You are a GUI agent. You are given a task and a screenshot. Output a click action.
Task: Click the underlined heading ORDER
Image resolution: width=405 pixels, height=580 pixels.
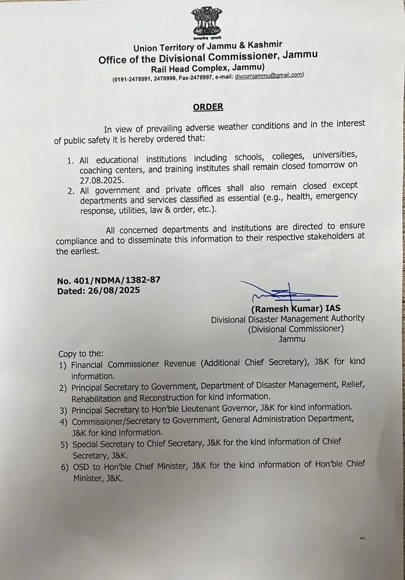(x=208, y=107)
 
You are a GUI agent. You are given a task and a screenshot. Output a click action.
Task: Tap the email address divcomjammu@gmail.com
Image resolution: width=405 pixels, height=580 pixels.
(x=269, y=76)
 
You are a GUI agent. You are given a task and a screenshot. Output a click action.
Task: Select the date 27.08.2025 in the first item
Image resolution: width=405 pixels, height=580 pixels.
(x=102, y=179)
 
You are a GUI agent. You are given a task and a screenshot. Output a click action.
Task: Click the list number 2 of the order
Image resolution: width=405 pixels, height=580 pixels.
(x=71, y=191)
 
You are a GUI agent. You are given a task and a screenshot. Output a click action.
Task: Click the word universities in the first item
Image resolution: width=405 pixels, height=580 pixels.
(x=335, y=155)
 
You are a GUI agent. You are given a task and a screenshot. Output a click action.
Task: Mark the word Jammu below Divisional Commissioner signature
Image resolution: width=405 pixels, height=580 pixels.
(x=292, y=339)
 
